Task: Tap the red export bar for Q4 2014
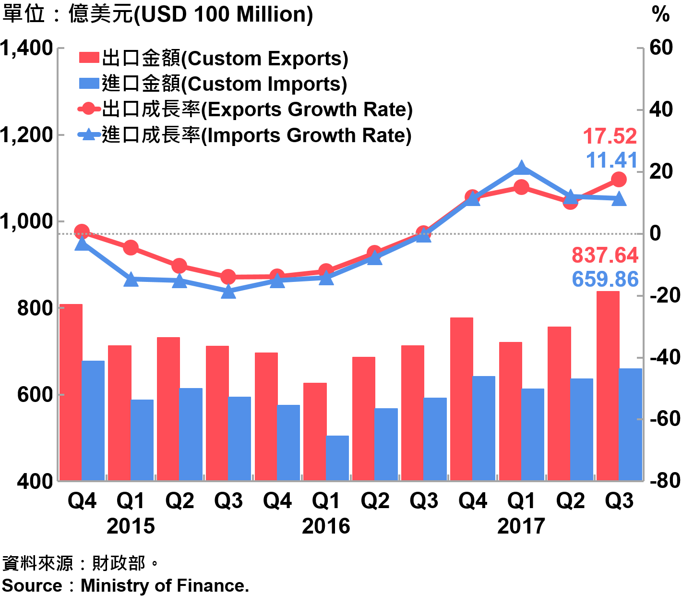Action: pyautogui.click(x=71, y=392)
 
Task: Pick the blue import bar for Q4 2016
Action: pyautogui.click(x=484, y=428)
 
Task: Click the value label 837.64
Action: pyautogui.click(x=605, y=255)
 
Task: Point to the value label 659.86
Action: pyautogui.click(x=605, y=280)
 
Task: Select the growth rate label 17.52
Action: pyautogui.click(x=610, y=136)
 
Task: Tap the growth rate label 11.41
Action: pyautogui.click(x=611, y=160)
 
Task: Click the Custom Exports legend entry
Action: pyautogui.click(x=214, y=59)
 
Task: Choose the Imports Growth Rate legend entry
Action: pyautogui.click(x=245, y=135)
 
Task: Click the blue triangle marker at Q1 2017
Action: pyautogui.click(x=522, y=168)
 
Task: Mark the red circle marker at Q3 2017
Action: pyautogui.click(x=619, y=180)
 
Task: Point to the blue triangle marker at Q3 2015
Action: pyautogui.click(x=228, y=292)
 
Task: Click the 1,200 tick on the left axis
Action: pyautogui.click(x=26, y=135)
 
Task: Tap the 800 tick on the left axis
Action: pyautogui.click(x=35, y=308)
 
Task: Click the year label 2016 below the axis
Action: pyautogui.click(x=326, y=526)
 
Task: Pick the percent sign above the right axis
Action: pyautogui.click(x=660, y=14)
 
